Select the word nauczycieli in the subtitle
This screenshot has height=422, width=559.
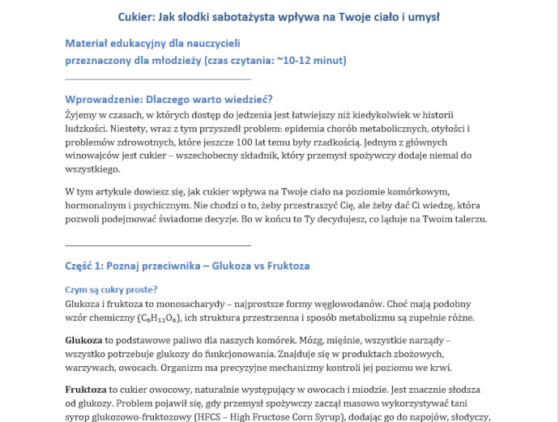(x=212, y=43)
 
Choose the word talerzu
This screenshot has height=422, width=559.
(x=463, y=220)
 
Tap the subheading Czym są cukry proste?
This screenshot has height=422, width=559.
(x=111, y=289)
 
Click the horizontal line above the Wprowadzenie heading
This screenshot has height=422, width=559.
(x=158, y=79)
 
